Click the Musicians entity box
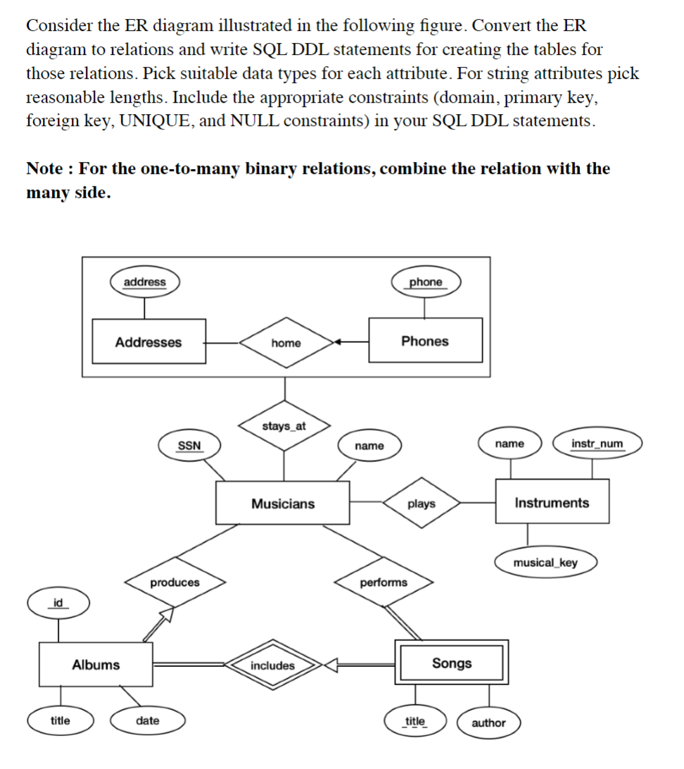pyautogui.click(x=283, y=504)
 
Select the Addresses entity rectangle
pyautogui.click(x=148, y=342)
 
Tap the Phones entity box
pyautogui.click(x=425, y=341)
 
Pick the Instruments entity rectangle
pyautogui.click(x=552, y=502)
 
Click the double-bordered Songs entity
pyautogui.click(x=452, y=663)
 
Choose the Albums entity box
pyautogui.click(x=96, y=665)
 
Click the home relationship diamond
pyautogui.click(x=286, y=343)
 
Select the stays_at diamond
pyautogui.click(x=284, y=426)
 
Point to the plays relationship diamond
pyautogui.click(x=422, y=504)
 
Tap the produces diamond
pyautogui.click(x=175, y=582)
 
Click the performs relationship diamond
pyautogui.click(x=384, y=582)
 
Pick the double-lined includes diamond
pyautogui.click(x=273, y=665)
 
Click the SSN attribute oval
pyautogui.click(x=189, y=445)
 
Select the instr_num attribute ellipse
pyautogui.click(x=597, y=444)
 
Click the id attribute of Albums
pyautogui.click(x=58, y=603)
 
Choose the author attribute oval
pyautogui.click(x=488, y=723)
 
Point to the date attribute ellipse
pyautogui.click(x=148, y=720)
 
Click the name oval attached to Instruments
pyautogui.click(x=509, y=444)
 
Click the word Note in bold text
pyautogui.click(x=48, y=169)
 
